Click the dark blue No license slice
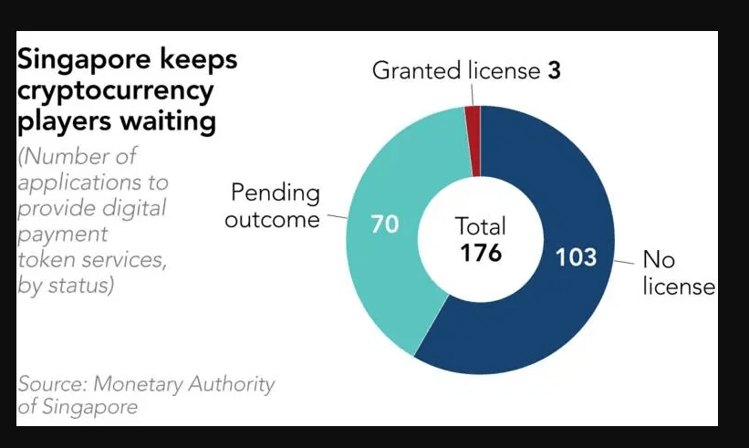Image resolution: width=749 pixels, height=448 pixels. (538, 310)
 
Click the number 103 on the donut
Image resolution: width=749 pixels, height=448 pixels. (576, 257)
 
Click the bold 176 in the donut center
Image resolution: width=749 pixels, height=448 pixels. (480, 253)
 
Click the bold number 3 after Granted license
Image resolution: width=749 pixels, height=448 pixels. (554, 70)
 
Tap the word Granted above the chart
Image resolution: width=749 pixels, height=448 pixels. (414, 71)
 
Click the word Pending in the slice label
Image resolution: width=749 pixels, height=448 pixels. (276, 193)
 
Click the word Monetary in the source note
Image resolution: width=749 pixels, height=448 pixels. (141, 384)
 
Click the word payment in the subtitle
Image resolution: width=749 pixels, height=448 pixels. (55, 234)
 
